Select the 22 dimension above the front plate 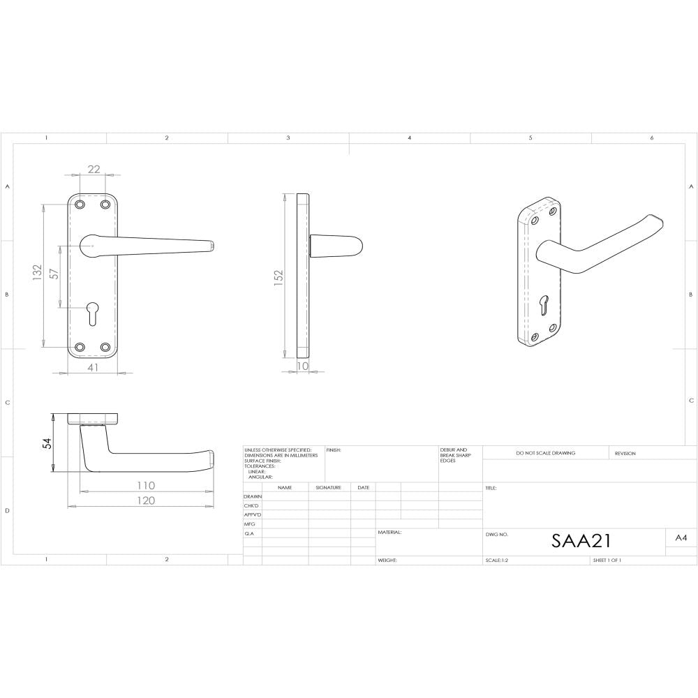(94, 169)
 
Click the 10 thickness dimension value (303, 366)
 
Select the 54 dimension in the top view (47, 445)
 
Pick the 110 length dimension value (144, 485)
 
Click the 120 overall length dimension (144, 500)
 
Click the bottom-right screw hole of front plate (105, 347)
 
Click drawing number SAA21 (581, 541)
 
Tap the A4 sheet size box (681, 538)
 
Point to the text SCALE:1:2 (497, 560)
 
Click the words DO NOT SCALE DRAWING (545, 453)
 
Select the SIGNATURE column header (328, 487)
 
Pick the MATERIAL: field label (389, 532)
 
